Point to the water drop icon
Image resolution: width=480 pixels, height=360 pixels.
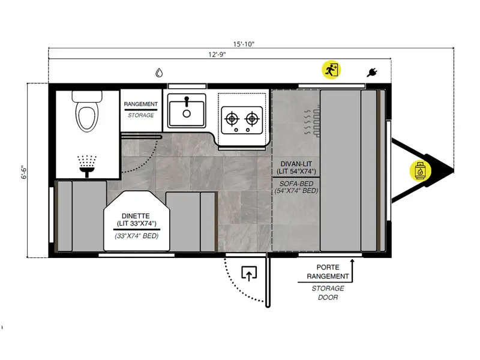coord(159,73)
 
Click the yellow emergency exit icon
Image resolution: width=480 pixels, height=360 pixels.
coord(331,70)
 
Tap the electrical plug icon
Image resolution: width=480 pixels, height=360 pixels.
coord(372,73)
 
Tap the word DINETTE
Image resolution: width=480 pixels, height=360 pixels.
coord(135,215)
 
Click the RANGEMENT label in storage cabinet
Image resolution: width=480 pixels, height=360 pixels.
coord(141,104)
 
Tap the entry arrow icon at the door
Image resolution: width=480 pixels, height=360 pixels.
coord(248,274)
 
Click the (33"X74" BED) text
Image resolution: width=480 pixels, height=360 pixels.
coord(135,236)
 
